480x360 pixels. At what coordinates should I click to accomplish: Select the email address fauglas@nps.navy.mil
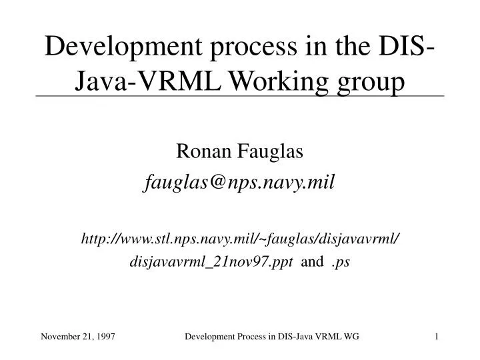point(240,182)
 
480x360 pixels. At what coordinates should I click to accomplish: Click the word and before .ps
point(313,262)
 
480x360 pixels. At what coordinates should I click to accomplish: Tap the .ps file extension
point(341,262)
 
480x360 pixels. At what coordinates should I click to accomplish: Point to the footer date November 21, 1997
point(78,338)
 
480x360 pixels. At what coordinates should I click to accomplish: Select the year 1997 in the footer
point(105,338)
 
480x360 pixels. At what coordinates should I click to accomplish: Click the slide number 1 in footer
point(436,338)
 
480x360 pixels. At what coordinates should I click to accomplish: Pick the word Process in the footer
point(251,338)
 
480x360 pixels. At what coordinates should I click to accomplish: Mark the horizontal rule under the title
point(240,97)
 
